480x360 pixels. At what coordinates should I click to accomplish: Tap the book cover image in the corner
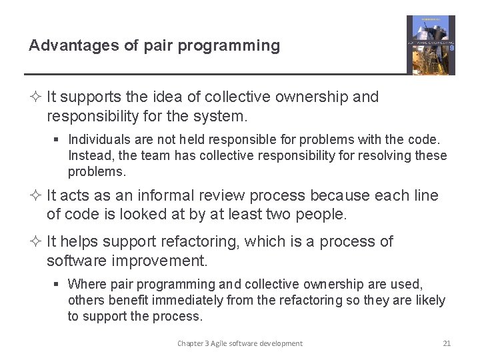click(x=431, y=45)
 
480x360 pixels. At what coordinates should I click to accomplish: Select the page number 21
click(x=447, y=343)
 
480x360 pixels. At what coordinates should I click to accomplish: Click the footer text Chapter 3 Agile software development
click(x=239, y=343)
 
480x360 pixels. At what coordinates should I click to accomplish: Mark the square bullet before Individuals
click(x=59, y=140)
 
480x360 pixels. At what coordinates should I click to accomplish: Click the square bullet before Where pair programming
click(x=59, y=285)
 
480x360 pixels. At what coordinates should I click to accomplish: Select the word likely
click(x=429, y=300)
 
